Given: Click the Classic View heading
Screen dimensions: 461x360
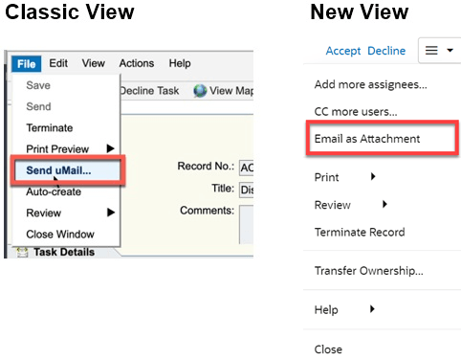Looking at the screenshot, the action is [x=70, y=13].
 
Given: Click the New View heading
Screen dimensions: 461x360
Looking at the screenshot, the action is [x=359, y=13].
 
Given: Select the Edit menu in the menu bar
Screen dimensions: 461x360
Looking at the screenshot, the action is [x=58, y=63].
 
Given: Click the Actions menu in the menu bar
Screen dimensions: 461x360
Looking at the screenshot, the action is [x=136, y=63].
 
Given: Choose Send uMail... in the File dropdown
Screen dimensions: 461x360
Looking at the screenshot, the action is [x=66, y=170].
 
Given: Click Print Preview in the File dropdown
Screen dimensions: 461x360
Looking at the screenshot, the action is [x=58, y=148].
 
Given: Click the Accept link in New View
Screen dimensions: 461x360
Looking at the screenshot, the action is [x=343, y=51].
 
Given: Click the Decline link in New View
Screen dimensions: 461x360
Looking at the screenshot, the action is [x=386, y=51].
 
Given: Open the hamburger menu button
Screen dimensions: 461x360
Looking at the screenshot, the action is [x=438, y=51].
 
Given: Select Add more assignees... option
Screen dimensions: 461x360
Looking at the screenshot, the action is [x=370, y=84].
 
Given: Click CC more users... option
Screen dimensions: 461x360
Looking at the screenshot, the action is [x=357, y=111].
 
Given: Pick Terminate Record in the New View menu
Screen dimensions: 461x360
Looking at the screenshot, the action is [x=359, y=232].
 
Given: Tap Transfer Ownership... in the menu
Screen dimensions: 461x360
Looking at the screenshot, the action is [x=368, y=270].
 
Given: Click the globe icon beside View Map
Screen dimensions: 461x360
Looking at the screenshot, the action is [x=200, y=91].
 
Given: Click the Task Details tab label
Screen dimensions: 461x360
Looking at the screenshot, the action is [x=62, y=252].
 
